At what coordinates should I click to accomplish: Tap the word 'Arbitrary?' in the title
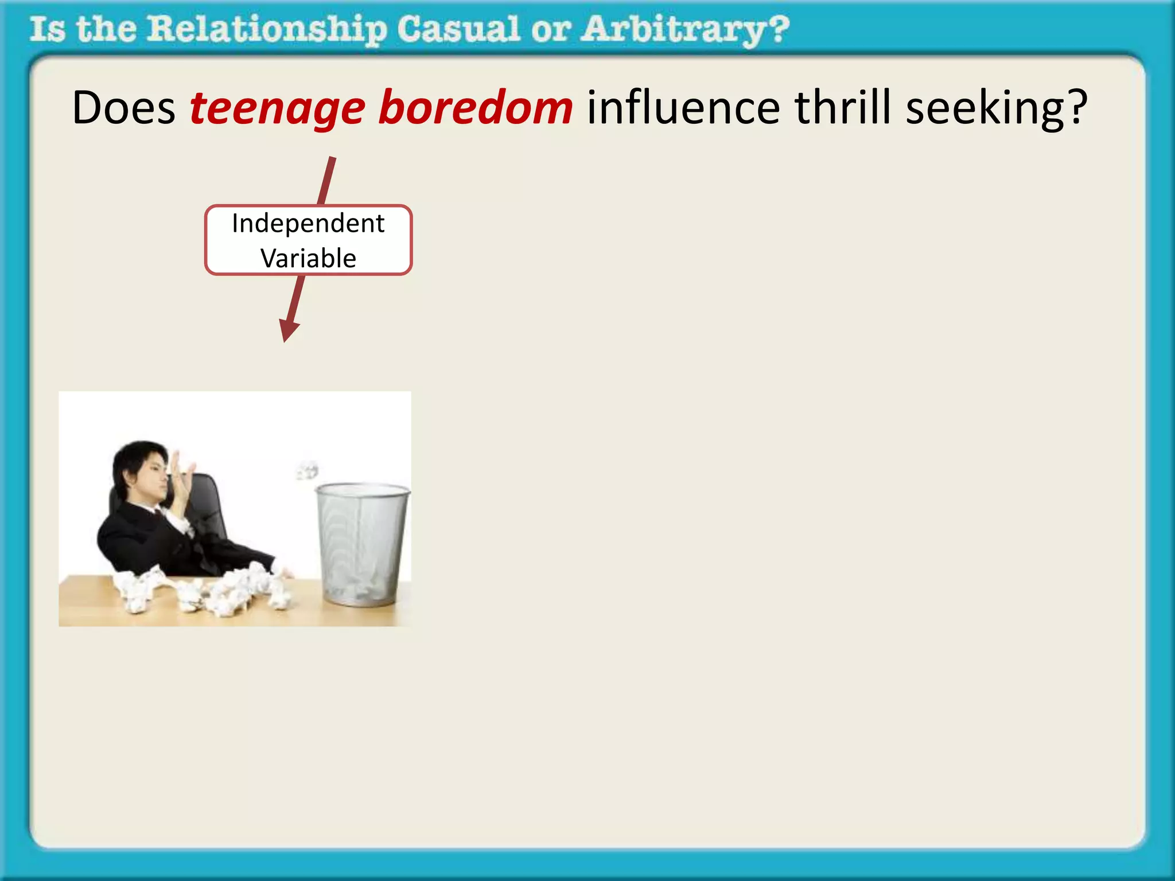(x=685, y=30)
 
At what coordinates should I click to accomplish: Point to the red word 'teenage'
(x=277, y=109)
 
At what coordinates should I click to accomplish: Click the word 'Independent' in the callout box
(x=308, y=224)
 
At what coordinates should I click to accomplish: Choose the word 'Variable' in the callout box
(x=308, y=258)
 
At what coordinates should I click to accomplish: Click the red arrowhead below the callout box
(x=288, y=331)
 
